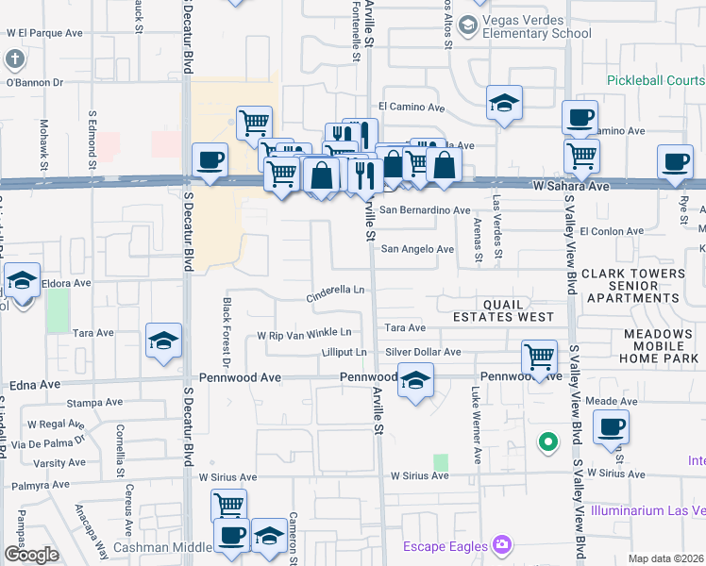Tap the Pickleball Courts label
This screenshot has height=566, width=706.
click(x=655, y=81)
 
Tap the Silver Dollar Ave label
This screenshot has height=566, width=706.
click(x=423, y=352)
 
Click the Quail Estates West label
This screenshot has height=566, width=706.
click(x=518, y=310)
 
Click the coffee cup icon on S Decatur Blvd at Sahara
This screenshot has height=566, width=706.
click(x=210, y=158)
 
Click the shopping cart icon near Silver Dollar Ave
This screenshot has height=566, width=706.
click(x=539, y=357)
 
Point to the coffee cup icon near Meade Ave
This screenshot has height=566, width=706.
click(x=612, y=426)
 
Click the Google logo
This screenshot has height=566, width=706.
click(x=30, y=555)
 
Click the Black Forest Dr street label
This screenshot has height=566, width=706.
click(x=227, y=331)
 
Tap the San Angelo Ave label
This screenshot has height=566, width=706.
click(x=418, y=249)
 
